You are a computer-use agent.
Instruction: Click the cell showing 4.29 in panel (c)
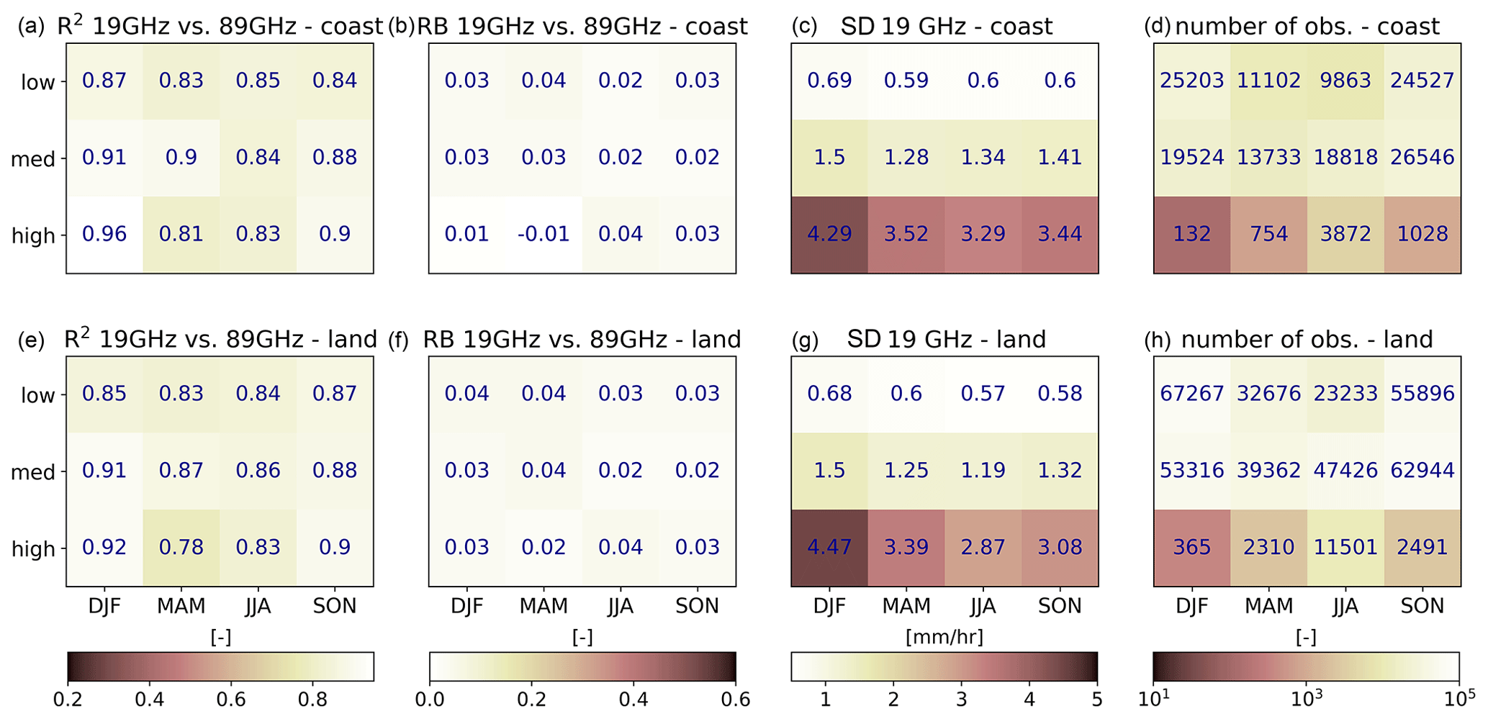[x=829, y=235]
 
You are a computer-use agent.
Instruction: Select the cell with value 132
[x=1192, y=235]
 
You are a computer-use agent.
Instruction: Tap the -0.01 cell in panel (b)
[x=544, y=235]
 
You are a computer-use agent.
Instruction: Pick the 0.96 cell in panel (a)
[x=104, y=235]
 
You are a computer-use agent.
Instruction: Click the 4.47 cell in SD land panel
[x=829, y=548]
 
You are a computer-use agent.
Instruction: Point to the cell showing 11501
[x=1345, y=548]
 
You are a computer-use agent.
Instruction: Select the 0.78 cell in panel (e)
[x=181, y=548]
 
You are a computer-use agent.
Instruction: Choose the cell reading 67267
[x=1192, y=394]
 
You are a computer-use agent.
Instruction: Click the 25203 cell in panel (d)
[x=1192, y=81]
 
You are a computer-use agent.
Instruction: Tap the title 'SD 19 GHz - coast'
[x=946, y=27]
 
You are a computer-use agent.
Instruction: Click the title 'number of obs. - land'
[x=1307, y=340]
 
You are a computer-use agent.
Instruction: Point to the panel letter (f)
[x=399, y=340]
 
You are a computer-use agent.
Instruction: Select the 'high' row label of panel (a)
[x=34, y=236]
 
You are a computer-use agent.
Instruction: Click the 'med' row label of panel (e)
[x=33, y=472]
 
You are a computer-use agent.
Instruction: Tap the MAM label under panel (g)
[x=906, y=607]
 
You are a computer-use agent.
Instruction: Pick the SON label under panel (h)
[x=1422, y=607]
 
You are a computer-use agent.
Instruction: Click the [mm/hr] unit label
[x=944, y=638]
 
